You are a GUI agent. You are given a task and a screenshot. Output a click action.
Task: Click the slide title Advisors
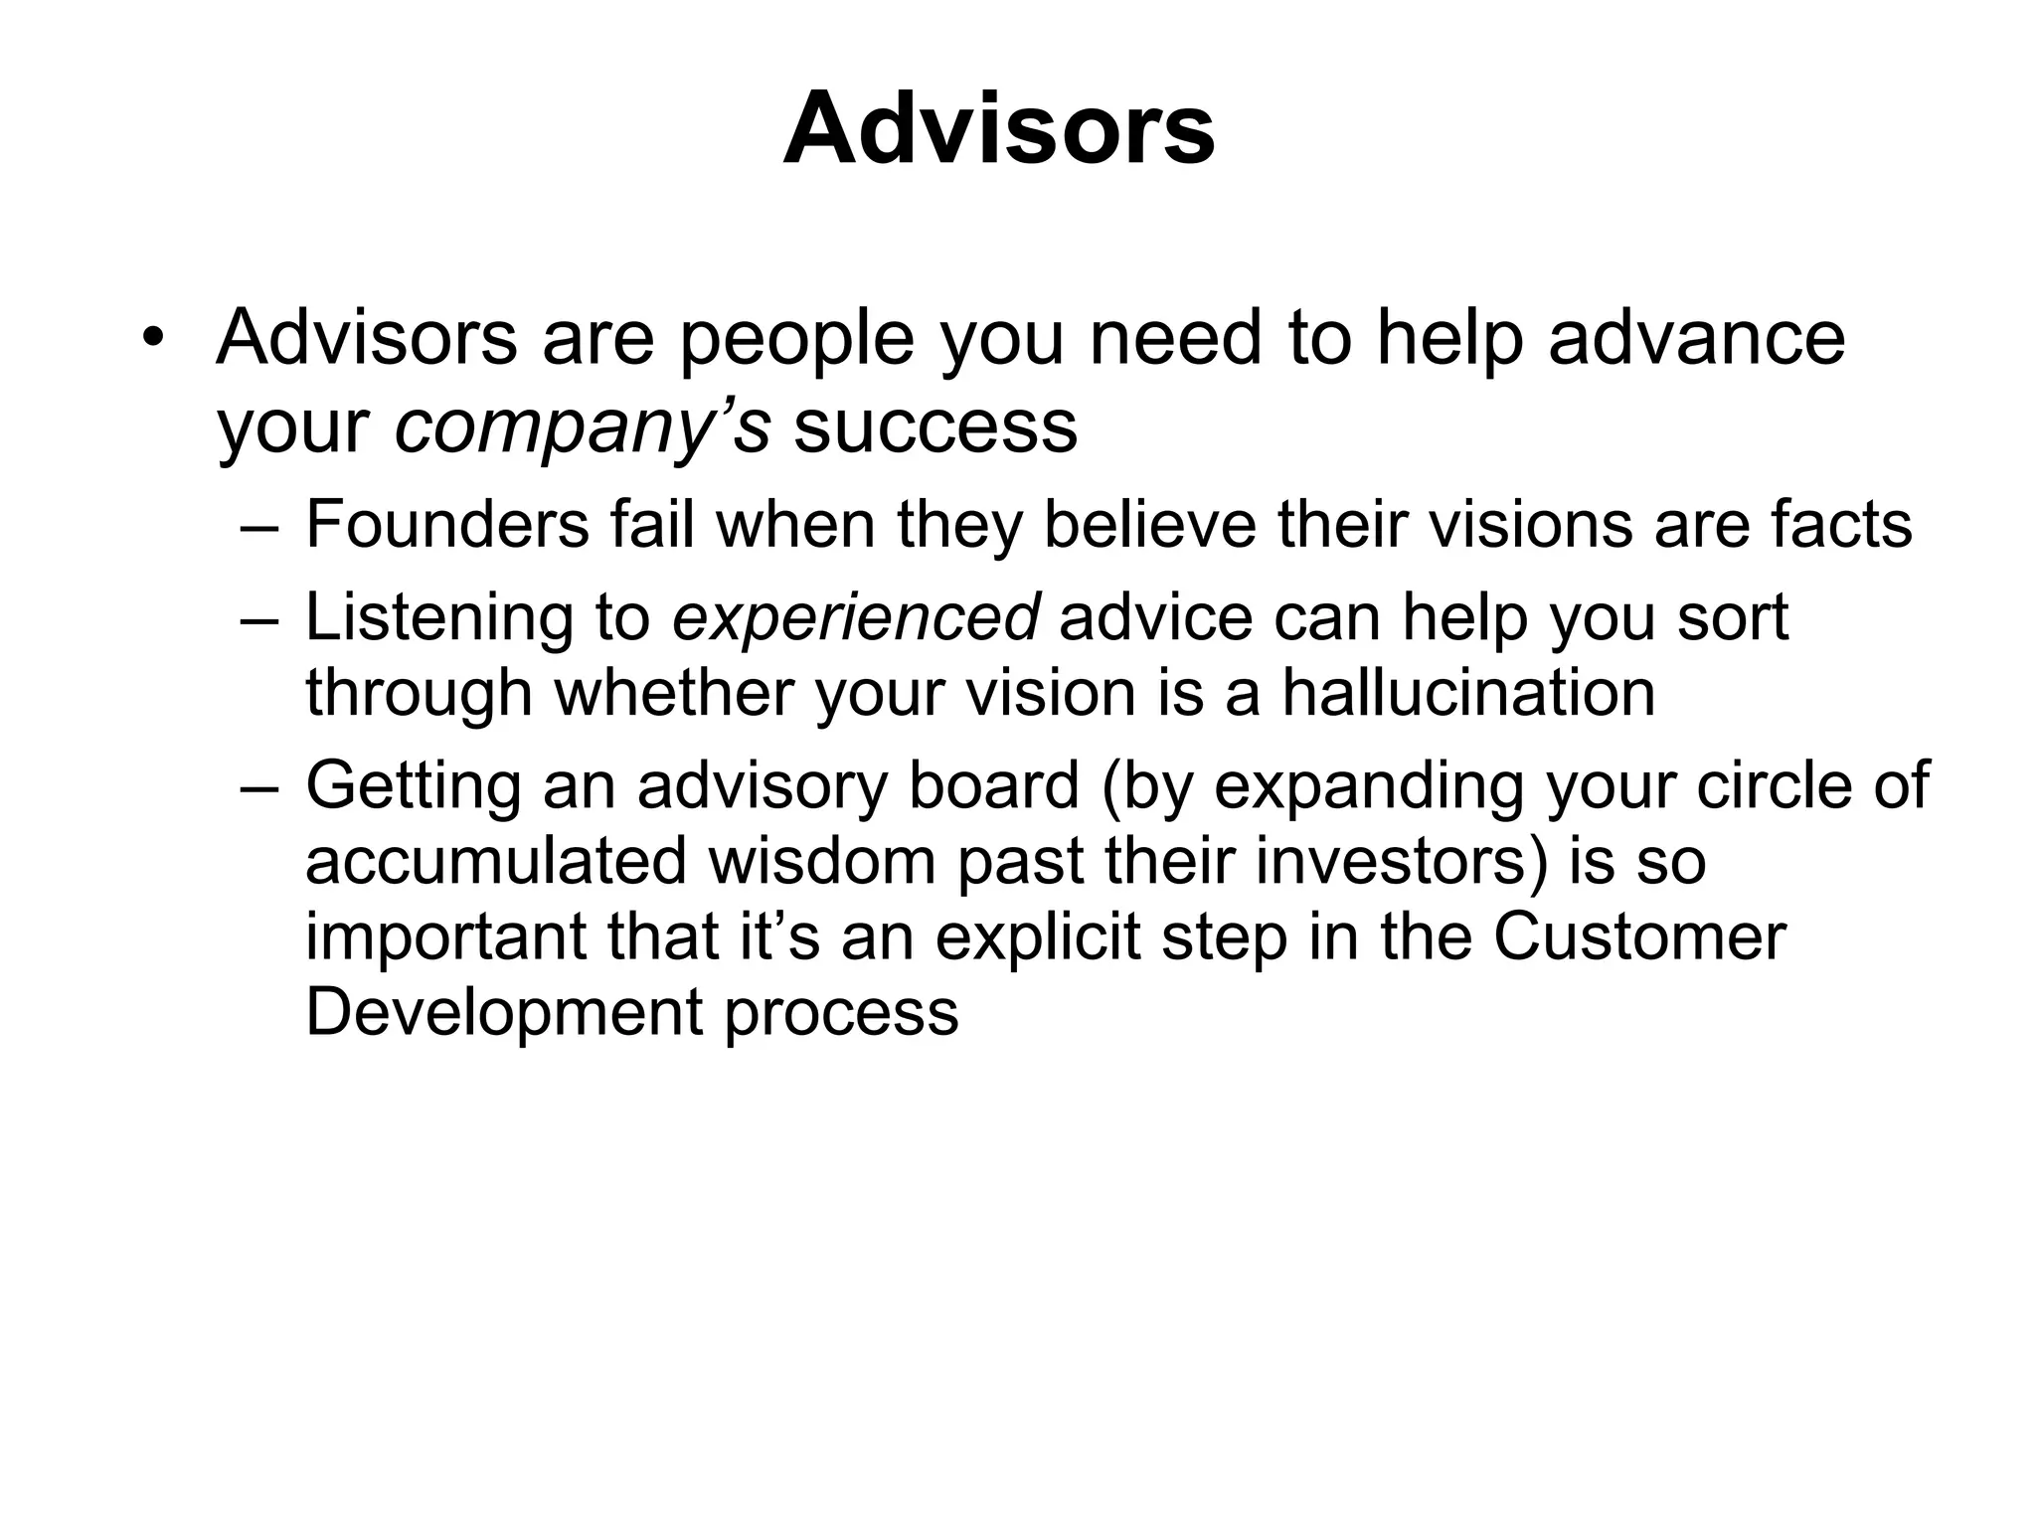998,129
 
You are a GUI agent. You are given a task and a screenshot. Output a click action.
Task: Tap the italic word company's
583,427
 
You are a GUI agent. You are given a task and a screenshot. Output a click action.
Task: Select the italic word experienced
856,616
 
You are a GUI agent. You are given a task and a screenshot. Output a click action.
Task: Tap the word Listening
438,616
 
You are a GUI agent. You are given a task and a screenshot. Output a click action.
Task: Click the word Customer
1639,936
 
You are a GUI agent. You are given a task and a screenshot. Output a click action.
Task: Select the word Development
504,1012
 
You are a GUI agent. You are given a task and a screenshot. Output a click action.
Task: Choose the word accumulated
496,860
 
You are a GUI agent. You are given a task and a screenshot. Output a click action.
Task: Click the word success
935,427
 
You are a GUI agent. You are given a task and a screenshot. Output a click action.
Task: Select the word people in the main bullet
796,338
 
